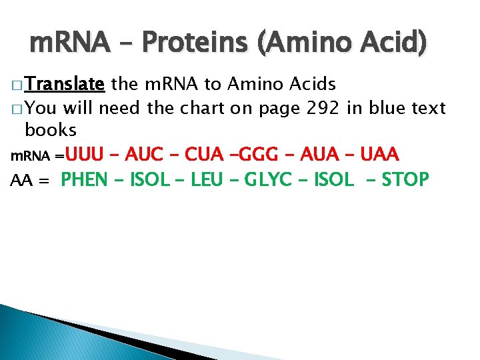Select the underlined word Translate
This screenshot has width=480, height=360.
(65, 85)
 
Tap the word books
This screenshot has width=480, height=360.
(51, 129)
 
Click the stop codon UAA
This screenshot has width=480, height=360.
(379, 155)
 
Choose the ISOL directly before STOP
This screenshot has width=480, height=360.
(333, 180)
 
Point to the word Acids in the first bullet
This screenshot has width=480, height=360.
(313, 85)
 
